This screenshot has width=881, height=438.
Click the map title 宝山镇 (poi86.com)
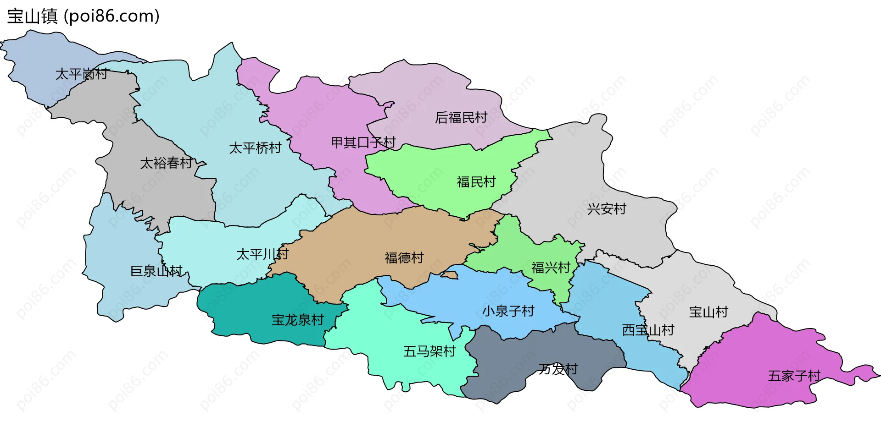pyautogui.click(x=83, y=16)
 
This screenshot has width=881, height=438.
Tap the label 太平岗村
pyautogui.click(x=81, y=74)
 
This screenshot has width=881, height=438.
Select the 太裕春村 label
pyautogui.click(x=166, y=163)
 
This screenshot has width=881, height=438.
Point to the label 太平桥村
pyautogui.click(x=255, y=148)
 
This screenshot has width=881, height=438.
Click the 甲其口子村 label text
pyautogui.click(x=363, y=142)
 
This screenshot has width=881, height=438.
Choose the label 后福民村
pyautogui.click(x=461, y=118)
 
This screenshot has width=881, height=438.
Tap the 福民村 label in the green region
pyautogui.click(x=476, y=182)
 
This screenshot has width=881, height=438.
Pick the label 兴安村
pyautogui.click(x=607, y=209)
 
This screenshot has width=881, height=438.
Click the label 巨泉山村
pyautogui.click(x=156, y=271)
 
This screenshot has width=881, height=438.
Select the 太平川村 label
pyautogui.click(x=262, y=254)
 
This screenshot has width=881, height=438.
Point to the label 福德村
pyautogui.click(x=404, y=257)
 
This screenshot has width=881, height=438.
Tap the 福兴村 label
pyautogui.click(x=551, y=267)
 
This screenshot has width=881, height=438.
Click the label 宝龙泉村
pyautogui.click(x=298, y=320)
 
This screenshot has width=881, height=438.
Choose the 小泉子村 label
pyautogui.click(x=508, y=311)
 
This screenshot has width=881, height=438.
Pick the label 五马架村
pyautogui.click(x=429, y=351)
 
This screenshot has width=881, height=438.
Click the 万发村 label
pyautogui.click(x=558, y=369)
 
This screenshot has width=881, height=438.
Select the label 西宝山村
pyautogui.click(x=648, y=330)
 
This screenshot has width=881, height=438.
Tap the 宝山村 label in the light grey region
pyautogui.click(x=708, y=312)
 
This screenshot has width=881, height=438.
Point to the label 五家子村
pyautogui.click(x=794, y=376)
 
